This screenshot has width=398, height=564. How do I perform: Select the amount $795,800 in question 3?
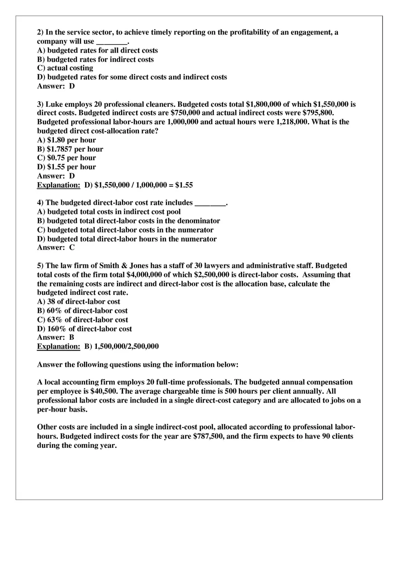coord(317,113)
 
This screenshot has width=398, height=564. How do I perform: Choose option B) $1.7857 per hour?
coord(70,149)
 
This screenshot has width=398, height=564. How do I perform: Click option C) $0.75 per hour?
coord(66,158)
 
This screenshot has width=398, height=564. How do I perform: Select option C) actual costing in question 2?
coord(65,68)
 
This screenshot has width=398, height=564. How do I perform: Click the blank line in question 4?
coord(210,203)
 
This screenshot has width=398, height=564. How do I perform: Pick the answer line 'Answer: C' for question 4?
coord(56,248)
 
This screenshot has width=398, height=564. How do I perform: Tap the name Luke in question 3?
coord(54,104)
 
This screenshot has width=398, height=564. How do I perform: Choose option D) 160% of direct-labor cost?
coord(85,329)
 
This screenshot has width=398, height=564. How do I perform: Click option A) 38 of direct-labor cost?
coord(79,302)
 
